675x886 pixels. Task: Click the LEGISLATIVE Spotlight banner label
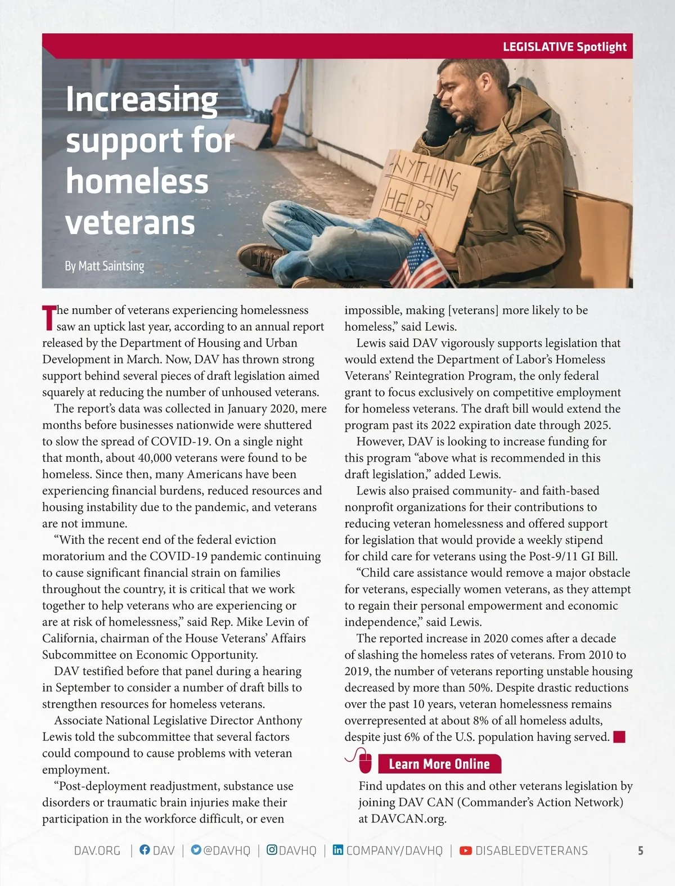pyautogui.click(x=564, y=47)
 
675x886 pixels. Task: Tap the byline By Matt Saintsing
pyautogui.click(x=104, y=266)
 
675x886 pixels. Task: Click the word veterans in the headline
pyautogui.click(x=130, y=223)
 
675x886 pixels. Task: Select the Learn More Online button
pyautogui.click(x=439, y=764)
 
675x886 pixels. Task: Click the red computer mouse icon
pyautogui.click(x=364, y=762)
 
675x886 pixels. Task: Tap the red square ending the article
pyautogui.click(x=619, y=737)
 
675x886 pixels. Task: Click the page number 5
pyautogui.click(x=640, y=851)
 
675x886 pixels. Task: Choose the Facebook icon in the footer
pyautogui.click(x=145, y=850)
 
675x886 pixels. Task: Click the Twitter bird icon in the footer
pyautogui.click(x=196, y=850)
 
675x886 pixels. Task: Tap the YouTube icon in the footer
pyautogui.click(x=465, y=851)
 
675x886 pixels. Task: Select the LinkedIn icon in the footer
pyautogui.click(x=337, y=850)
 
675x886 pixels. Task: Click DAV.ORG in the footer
pyautogui.click(x=97, y=851)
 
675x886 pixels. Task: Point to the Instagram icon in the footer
pyautogui.click(x=271, y=850)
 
